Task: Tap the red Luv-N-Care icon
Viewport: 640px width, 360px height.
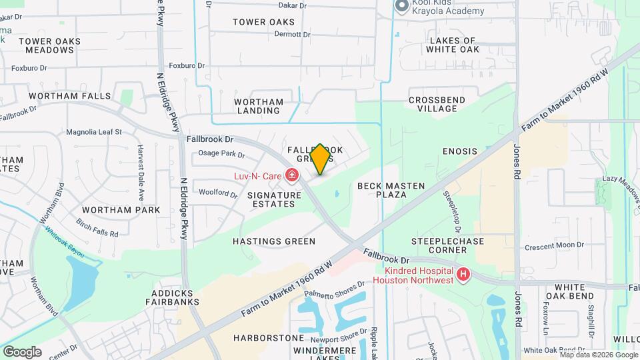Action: click(291, 176)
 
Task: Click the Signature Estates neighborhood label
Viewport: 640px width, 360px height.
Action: click(271, 199)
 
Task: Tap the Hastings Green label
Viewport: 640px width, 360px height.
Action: click(273, 241)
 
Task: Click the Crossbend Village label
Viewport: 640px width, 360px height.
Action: click(437, 105)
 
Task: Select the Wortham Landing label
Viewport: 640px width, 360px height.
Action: click(259, 106)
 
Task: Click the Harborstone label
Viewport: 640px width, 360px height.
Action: click(260, 338)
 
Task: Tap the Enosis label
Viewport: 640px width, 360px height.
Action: click(460, 151)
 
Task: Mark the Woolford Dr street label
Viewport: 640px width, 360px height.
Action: click(219, 194)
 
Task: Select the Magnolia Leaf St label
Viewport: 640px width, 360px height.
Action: click(93, 132)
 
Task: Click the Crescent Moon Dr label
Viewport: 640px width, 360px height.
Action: click(554, 245)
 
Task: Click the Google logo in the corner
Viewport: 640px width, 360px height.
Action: click(22, 351)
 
